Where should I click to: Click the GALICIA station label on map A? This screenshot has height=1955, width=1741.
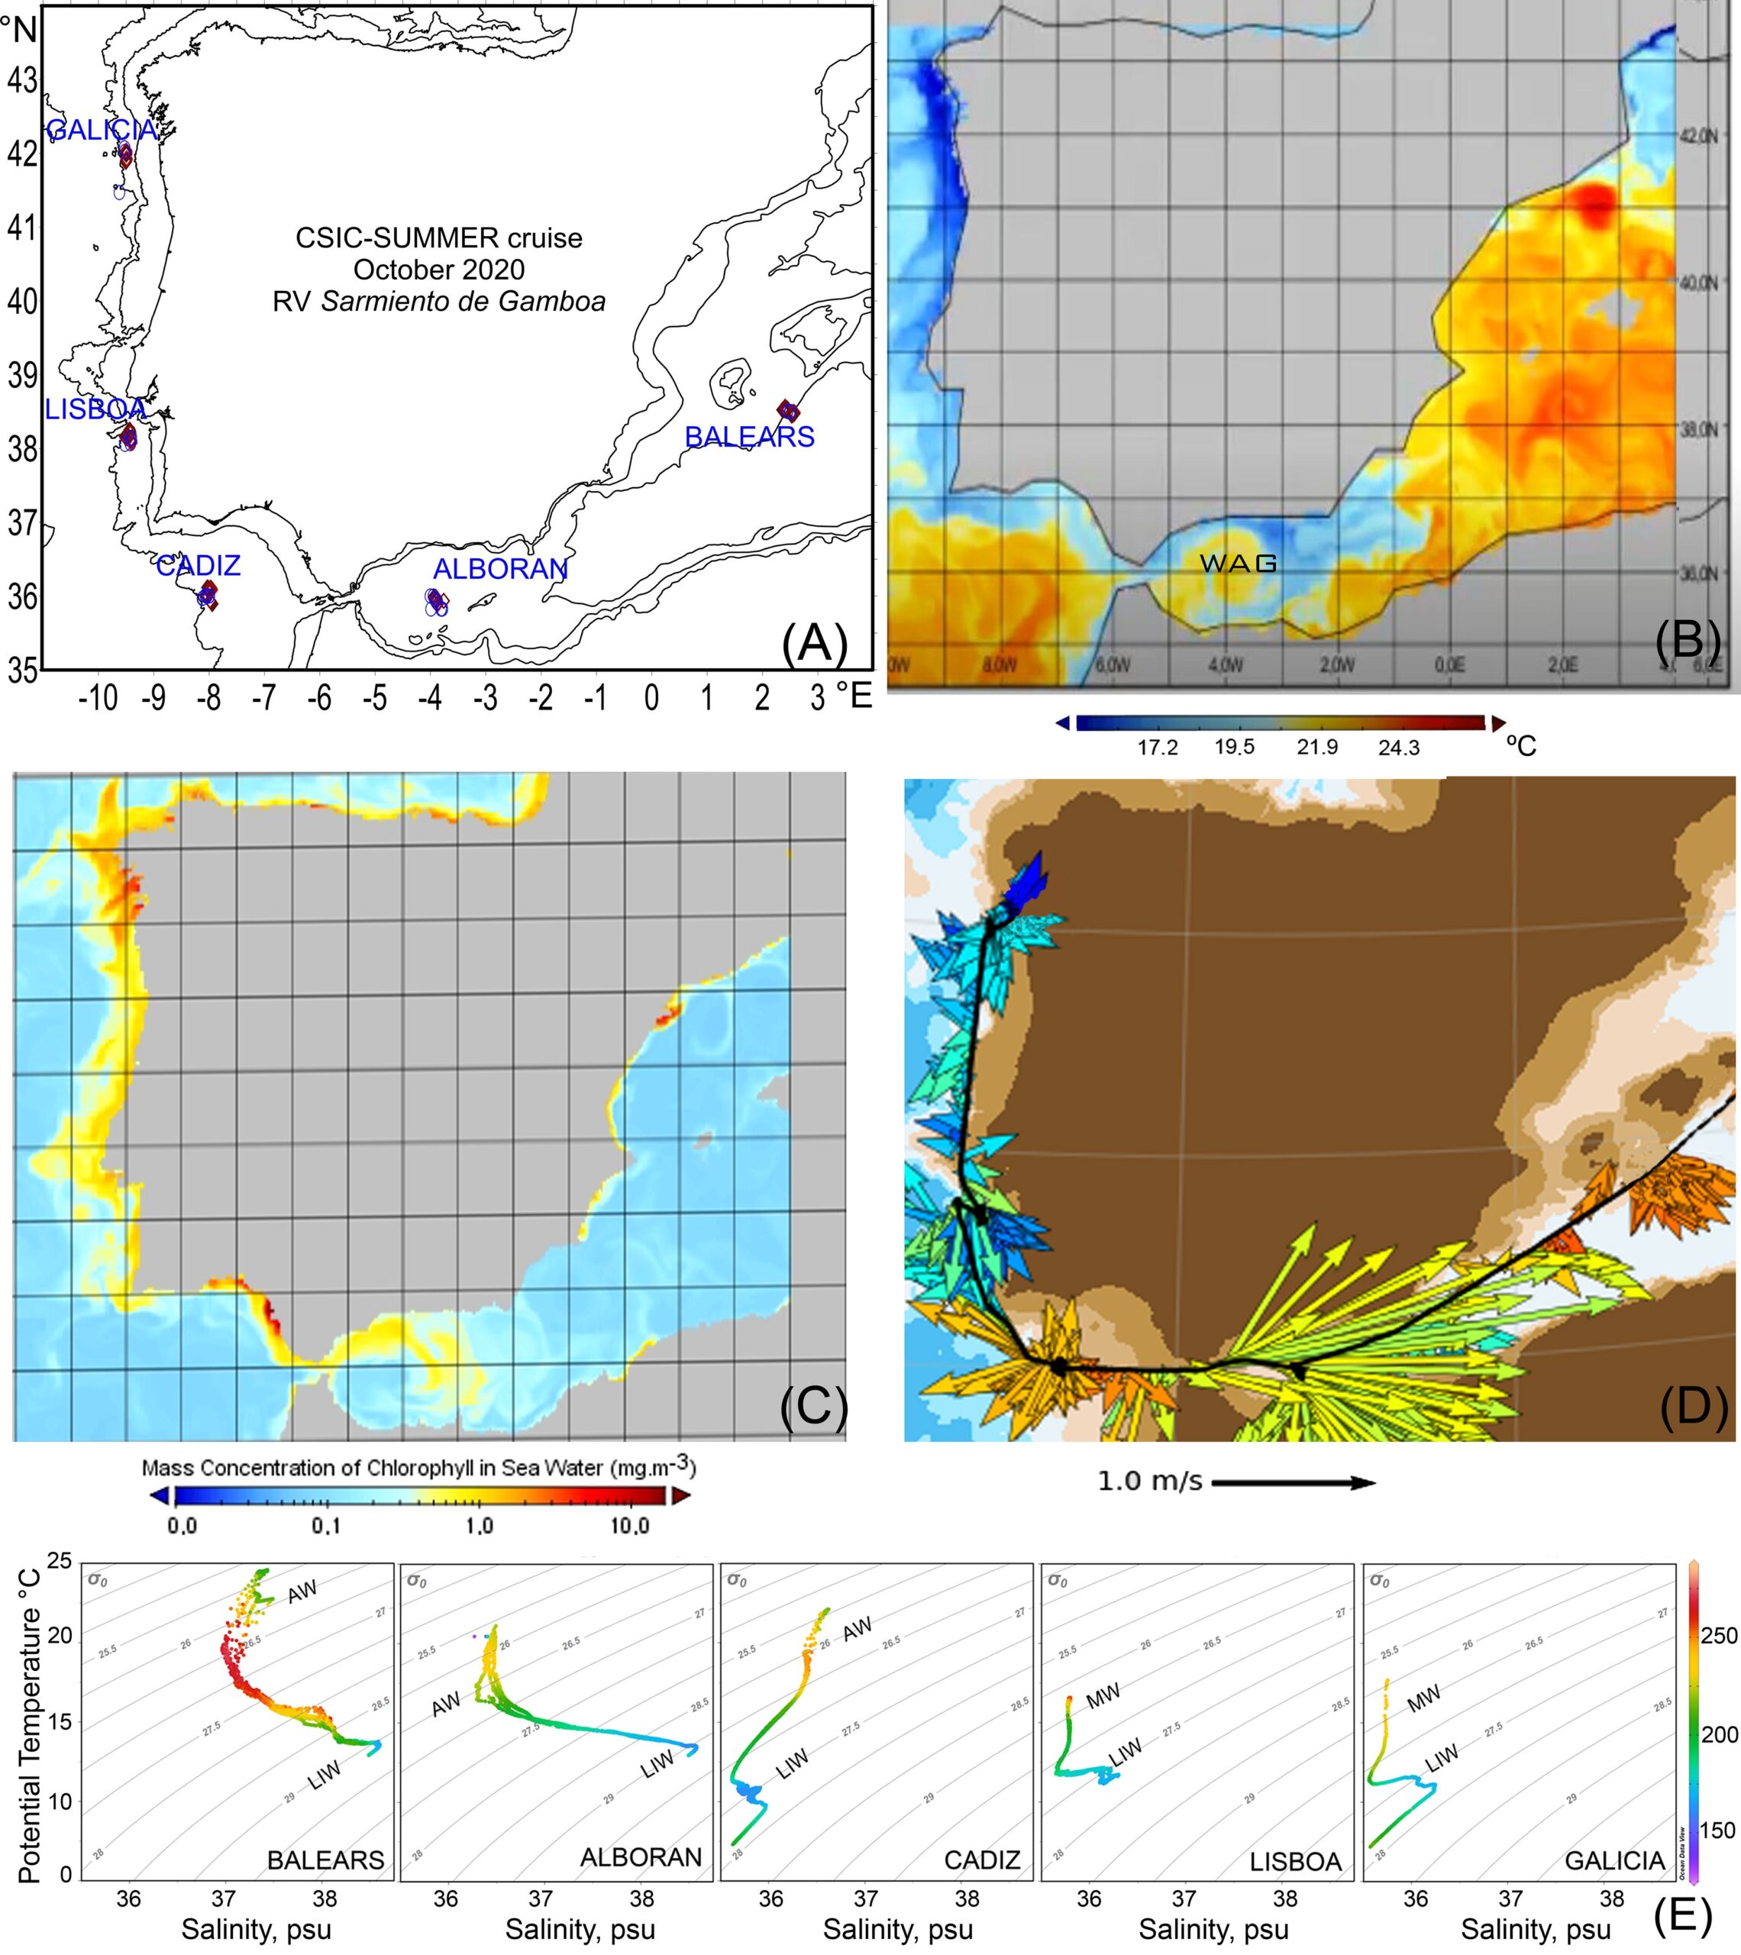pyautogui.click(x=102, y=130)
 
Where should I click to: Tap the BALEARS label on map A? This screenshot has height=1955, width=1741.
pyautogui.click(x=749, y=437)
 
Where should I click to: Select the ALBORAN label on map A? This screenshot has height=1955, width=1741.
pyautogui.click(x=500, y=569)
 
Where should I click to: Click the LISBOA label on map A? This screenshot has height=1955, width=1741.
pyautogui.click(x=95, y=409)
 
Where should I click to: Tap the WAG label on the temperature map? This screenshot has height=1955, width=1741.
pyautogui.click(x=1239, y=564)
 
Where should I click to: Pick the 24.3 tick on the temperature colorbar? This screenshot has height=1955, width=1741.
pyautogui.click(x=1399, y=748)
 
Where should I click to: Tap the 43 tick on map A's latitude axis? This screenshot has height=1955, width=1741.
pyautogui.click(x=22, y=80)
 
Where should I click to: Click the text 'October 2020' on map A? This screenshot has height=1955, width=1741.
pyautogui.click(x=439, y=270)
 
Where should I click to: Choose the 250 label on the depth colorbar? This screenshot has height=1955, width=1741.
pyautogui.click(x=1719, y=1636)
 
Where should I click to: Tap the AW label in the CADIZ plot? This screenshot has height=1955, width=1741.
pyautogui.click(x=857, y=1630)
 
